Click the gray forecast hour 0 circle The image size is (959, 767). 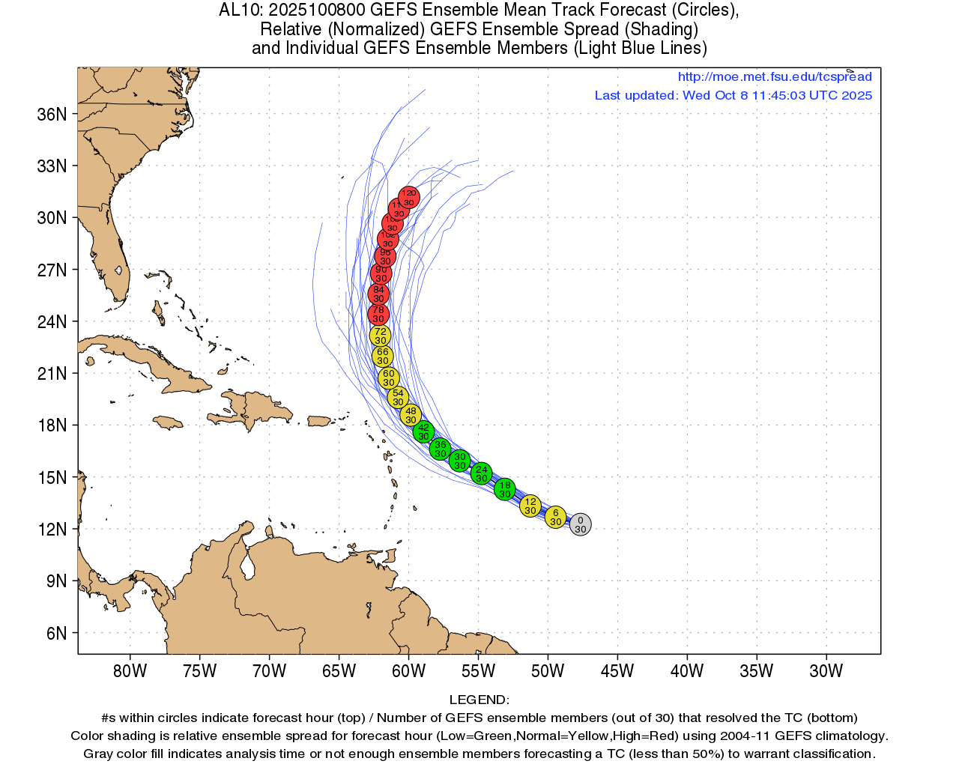coord(580,524)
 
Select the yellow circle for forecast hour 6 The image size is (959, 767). coord(555,517)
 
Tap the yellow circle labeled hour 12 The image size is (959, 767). coord(530,506)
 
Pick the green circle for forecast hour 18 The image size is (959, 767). coord(505,489)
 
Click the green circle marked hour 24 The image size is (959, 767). coord(481,473)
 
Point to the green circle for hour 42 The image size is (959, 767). coord(424,431)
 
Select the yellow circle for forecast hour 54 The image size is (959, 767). coord(398,397)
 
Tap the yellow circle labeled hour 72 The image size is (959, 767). coord(381,336)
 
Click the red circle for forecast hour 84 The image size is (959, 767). coord(378,294)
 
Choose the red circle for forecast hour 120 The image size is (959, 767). coord(408,198)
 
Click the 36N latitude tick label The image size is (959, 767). coord(52,114)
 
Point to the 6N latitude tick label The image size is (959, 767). coord(56,633)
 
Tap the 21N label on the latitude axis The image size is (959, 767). coord(52,373)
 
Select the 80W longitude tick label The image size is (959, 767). coord(130,670)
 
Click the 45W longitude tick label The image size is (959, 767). coord(617,670)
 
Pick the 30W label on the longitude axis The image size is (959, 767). coord(826,670)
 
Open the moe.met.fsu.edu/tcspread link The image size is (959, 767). coord(775,76)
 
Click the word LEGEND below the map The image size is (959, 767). coord(479,700)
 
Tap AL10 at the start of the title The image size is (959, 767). coord(239,10)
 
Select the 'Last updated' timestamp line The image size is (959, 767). coord(733,95)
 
